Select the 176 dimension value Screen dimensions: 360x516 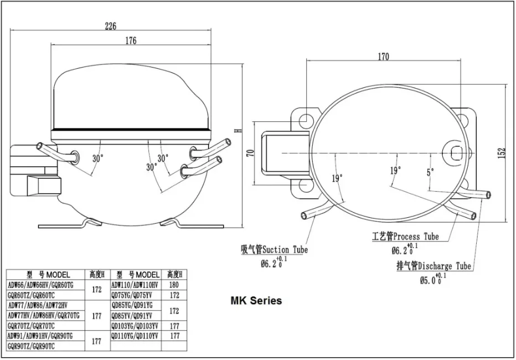(131, 40)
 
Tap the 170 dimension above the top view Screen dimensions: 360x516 (383, 56)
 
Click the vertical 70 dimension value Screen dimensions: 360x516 (250, 153)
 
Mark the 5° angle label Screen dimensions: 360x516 (430, 172)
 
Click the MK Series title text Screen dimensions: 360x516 (256, 301)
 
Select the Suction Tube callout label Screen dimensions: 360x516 (274, 250)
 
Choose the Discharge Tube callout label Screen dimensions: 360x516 (434, 266)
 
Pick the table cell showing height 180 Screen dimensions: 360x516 (174, 285)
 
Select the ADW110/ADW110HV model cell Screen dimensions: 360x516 (136, 285)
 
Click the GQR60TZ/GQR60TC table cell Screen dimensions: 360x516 (31, 295)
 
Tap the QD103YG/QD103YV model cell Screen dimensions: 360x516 (136, 326)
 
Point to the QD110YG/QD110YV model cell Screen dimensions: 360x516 (136, 336)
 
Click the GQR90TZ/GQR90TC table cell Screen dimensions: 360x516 (31, 346)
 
